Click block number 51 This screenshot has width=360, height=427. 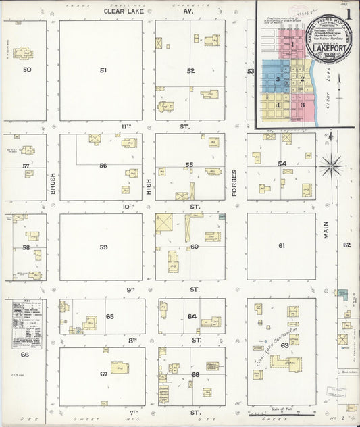pyautogui.click(x=103, y=70)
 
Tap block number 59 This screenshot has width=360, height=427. pyautogui.click(x=103, y=247)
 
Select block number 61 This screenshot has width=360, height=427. pyautogui.click(x=282, y=245)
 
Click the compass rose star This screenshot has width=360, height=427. pyautogui.click(x=332, y=164)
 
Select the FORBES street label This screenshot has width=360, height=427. pyautogui.click(x=234, y=182)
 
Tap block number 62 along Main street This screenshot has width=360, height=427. pyautogui.click(x=347, y=245)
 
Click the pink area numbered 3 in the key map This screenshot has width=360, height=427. pyautogui.click(x=303, y=105)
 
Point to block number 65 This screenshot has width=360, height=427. pyautogui.click(x=109, y=316)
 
